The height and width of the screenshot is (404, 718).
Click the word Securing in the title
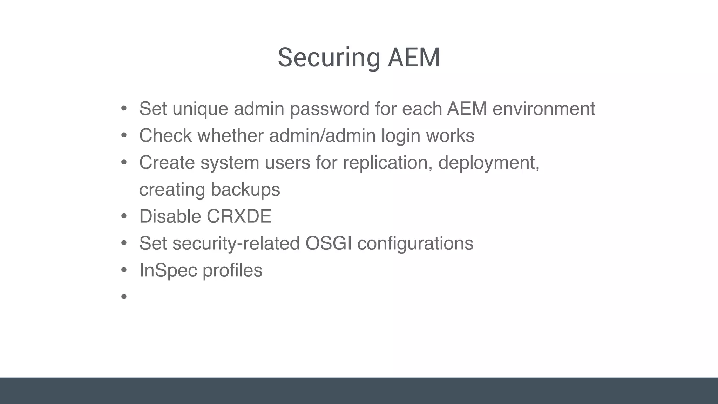pyautogui.click(x=328, y=58)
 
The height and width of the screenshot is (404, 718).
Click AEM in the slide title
pyautogui.click(x=414, y=58)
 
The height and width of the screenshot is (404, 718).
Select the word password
pyautogui.click(x=330, y=109)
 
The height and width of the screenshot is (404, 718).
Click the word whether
pyautogui.click(x=230, y=136)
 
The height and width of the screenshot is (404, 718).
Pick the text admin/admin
pyautogui.click(x=322, y=136)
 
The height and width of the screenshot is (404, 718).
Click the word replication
pyautogui.click(x=387, y=163)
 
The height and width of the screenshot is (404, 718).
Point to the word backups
pyautogui.click(x=245, y=190)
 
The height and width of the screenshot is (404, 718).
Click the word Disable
pyautogui.click(x=170, y=216)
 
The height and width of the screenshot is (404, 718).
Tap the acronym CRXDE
pyautogui.click(x=239, y=216)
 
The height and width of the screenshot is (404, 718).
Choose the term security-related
pyautogui.click(x=236, y=244)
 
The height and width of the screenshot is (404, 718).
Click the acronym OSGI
pyautogui.click(x=328, y=243)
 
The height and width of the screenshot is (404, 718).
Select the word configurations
pyautogui.click(x=415, y=244)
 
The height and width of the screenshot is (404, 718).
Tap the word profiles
pyautogui.click(x=232, y=270)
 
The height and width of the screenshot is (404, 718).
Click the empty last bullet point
pyautogui.click(x=124, y=297)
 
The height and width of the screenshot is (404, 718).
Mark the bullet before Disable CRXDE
pyautogui.click(x=124, y=216)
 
